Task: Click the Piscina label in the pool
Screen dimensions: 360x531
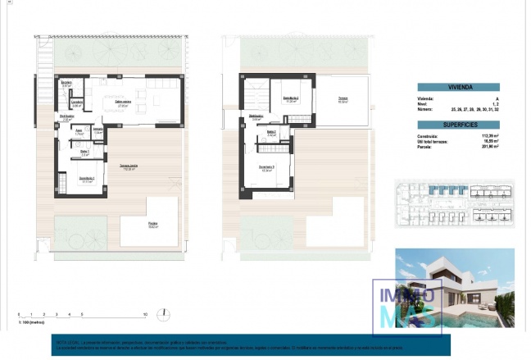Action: tap(153, 224)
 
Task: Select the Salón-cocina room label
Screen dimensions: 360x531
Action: tap(125, 103)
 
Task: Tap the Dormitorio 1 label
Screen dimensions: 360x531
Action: tap(88, 180)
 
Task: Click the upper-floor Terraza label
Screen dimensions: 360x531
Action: tap(343, 100)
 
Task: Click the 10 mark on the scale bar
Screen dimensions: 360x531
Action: tap(145, 314)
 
